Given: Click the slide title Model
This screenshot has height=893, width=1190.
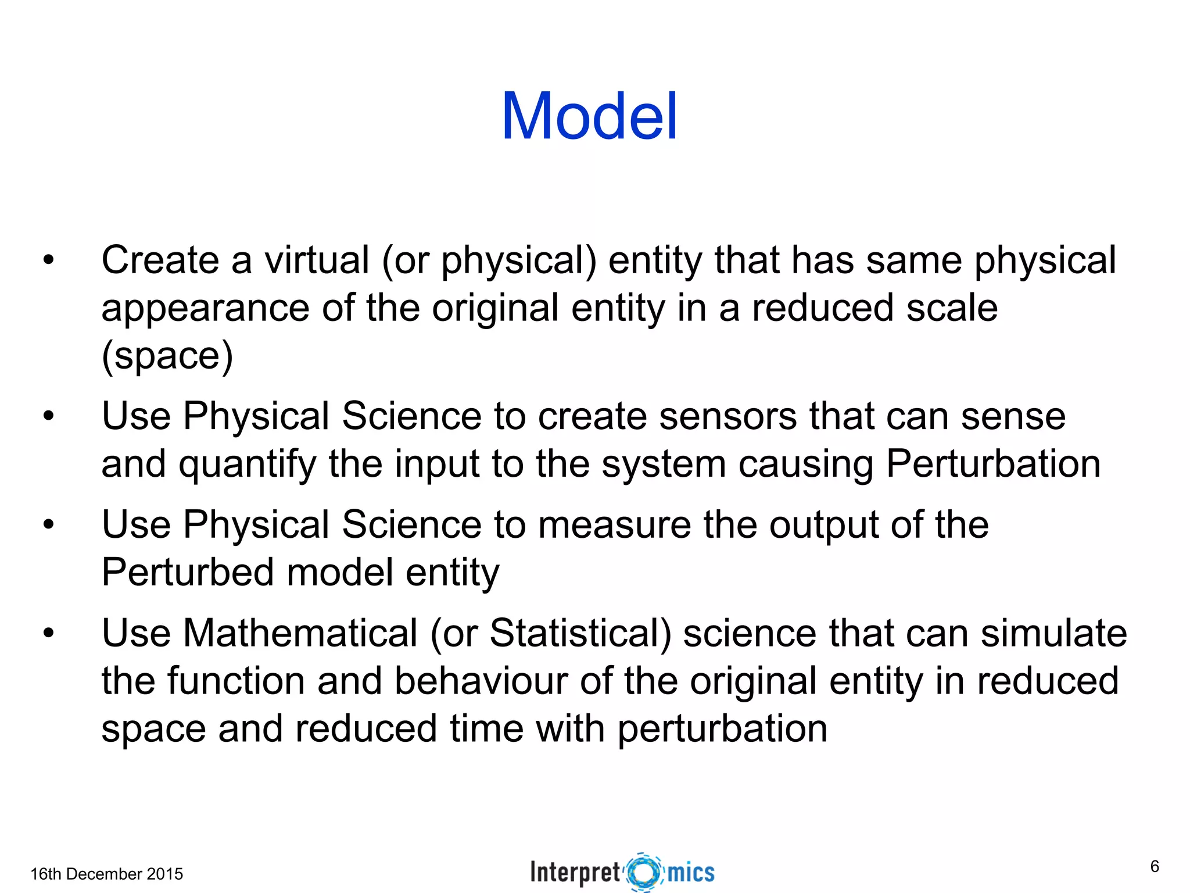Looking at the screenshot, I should click(x=589, y=117).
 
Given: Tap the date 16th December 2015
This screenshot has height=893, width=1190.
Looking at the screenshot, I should click(x=106, y=874).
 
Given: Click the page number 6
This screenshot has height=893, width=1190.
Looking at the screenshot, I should click(x=1155, y=866).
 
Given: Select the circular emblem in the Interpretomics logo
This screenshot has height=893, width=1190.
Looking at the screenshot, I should click(x=644, y=872).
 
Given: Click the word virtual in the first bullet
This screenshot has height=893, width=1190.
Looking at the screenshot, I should click(x=317, y=260).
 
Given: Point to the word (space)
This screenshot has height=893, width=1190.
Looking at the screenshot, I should click(x=167, y=356).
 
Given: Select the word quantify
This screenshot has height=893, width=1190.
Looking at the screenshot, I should click(x=248, y=465).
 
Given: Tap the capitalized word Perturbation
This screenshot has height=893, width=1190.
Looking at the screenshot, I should click(x=993, y=465).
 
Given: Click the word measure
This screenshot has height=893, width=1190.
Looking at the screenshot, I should click(x=615, y=524).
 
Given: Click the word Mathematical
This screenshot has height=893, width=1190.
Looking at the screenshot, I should click(x=300, y=633).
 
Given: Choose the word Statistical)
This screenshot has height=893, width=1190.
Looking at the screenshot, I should click(x=580, y=633).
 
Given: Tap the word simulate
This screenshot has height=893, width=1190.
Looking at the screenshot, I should click(x=1054, y=633).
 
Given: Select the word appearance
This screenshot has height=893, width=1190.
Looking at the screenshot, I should click(x=205, y=309).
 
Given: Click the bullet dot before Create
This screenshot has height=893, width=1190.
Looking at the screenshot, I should click(x=48, y=260).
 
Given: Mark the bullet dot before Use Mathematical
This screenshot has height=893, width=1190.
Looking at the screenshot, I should click(x=48, y=633).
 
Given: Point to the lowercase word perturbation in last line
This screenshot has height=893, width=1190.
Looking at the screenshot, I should click(x=722, y=729).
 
